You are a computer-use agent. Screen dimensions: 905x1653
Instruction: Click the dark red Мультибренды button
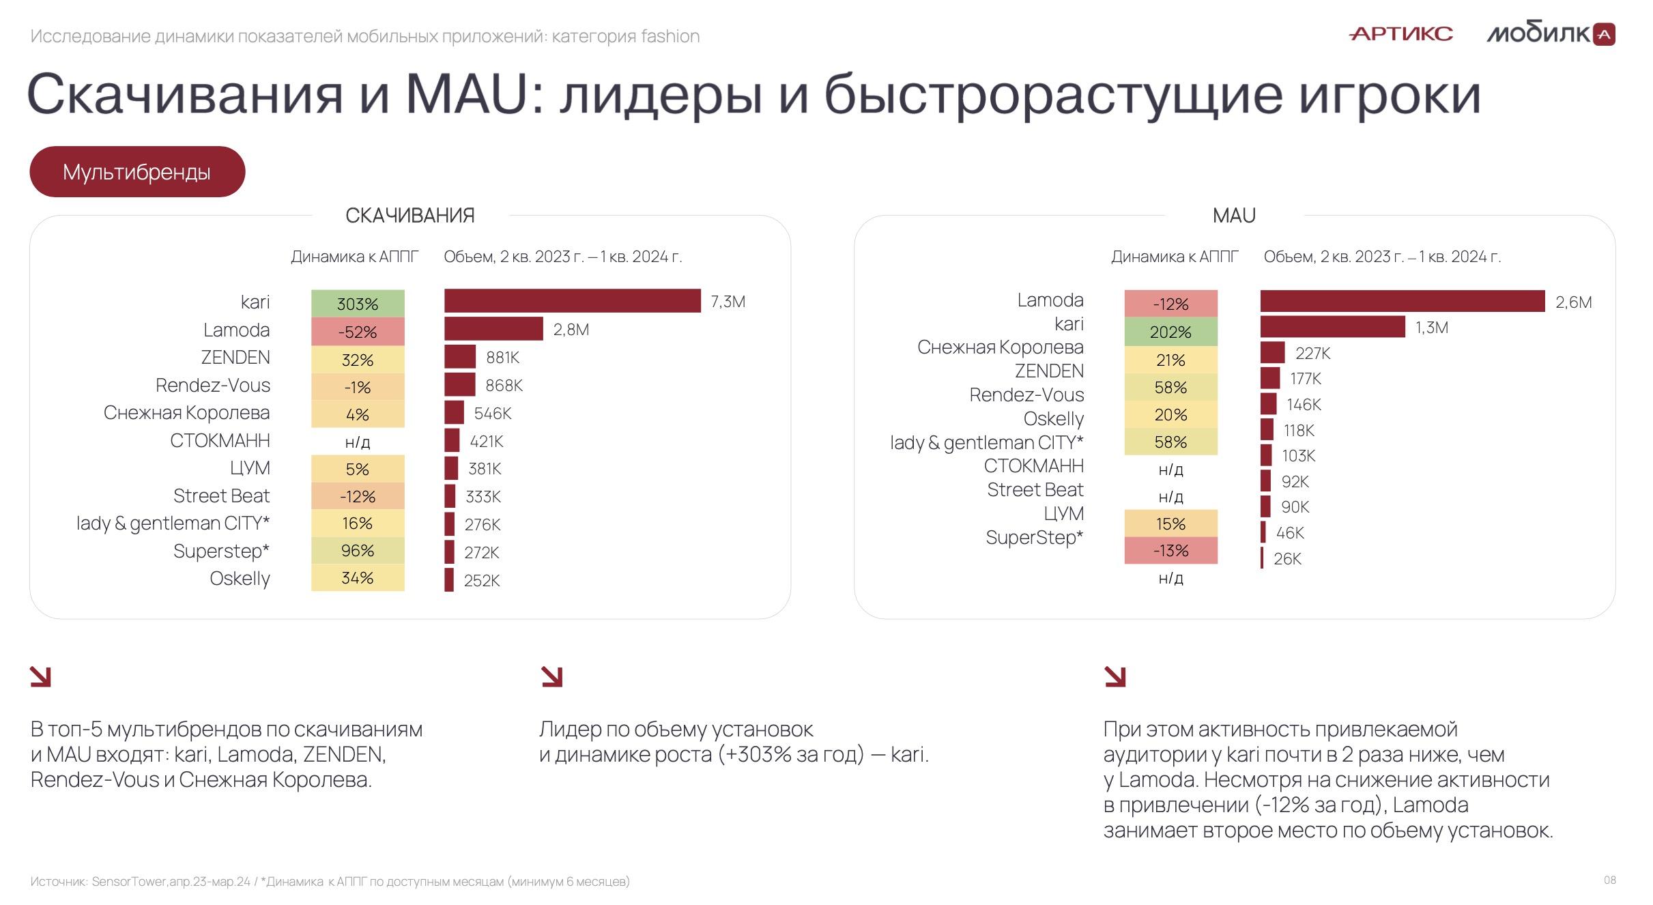tap(137, 172)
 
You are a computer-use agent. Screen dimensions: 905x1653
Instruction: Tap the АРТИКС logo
tap(1400, 34)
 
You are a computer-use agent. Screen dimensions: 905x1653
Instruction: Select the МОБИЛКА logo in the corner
tap(1551, 34)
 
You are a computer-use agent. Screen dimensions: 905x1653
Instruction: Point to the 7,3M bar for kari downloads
tap(572, 301)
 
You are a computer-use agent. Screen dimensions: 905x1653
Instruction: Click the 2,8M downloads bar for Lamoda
tap(493, 329)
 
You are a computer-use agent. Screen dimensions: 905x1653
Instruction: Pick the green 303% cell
tap(358, 304)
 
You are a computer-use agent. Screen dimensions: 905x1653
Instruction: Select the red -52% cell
tap(358, 332)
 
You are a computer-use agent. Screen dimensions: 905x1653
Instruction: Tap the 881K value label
tap(503, 358)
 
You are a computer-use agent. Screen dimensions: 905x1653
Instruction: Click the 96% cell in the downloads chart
tap(358, 551)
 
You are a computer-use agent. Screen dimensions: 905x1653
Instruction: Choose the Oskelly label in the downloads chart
tap(240, 579)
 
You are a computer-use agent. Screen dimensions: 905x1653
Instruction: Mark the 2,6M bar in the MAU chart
tap(1402, 301)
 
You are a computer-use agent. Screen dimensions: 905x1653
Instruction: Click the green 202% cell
tap(1170, 332)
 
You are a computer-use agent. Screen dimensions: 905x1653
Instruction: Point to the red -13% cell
tap(1170, 551)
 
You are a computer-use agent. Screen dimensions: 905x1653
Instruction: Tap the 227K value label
tap(1312, 354)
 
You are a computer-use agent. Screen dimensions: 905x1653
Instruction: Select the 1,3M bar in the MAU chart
tap(1332, 327)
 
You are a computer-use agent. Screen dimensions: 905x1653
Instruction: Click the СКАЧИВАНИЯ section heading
tap(409, 216)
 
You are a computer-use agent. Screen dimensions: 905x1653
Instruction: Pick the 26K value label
tap(1287, 559)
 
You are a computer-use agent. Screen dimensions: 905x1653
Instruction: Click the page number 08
tap(1609, 880)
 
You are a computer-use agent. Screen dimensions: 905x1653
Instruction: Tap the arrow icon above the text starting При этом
tap(1115, 677)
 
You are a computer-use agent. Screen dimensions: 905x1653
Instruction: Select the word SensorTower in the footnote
tap(129, 882)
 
